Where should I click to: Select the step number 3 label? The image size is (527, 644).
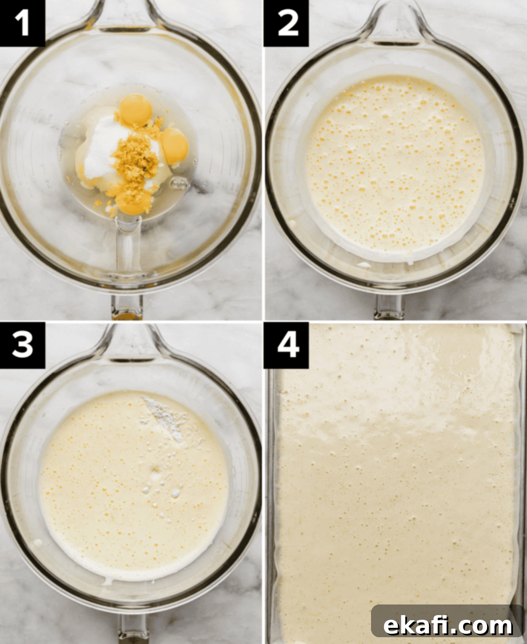click(22, 345)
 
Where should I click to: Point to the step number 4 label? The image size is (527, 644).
click(286, 345)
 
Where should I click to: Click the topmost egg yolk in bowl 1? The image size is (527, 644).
click(136, 110)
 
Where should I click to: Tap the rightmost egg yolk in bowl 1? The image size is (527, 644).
click(174, 146)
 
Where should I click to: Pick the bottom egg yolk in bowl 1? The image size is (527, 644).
click(134, 202)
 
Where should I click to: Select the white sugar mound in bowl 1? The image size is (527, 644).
click(104, 147)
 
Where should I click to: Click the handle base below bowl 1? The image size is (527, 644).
click(127, 307)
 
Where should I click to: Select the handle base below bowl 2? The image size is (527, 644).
click(390, 307)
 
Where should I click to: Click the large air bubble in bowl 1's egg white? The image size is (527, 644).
click(180, 184)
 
